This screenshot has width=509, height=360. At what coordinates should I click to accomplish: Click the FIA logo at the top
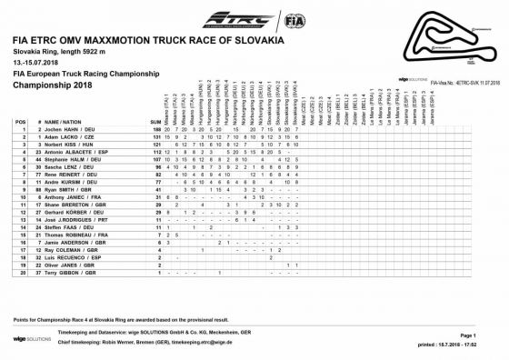[294, 18]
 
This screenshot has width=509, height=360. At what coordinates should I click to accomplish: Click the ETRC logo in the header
[238, 18]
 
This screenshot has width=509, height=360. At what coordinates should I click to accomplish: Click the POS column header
[20, 121]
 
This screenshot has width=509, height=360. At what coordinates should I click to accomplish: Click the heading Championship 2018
[55, 84]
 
